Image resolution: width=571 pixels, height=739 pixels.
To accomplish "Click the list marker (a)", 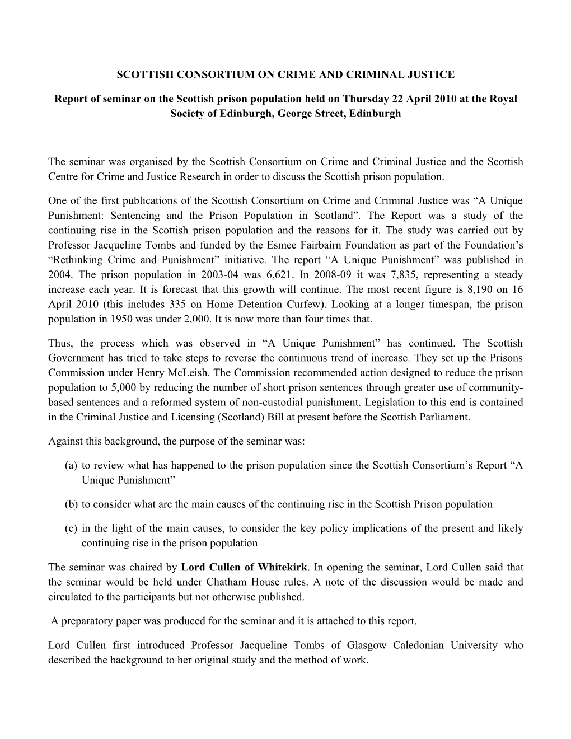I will pos(71,466).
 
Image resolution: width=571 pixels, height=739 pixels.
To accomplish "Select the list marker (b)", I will pos(71,504).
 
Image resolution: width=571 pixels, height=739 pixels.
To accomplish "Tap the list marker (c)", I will pos(71,528).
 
